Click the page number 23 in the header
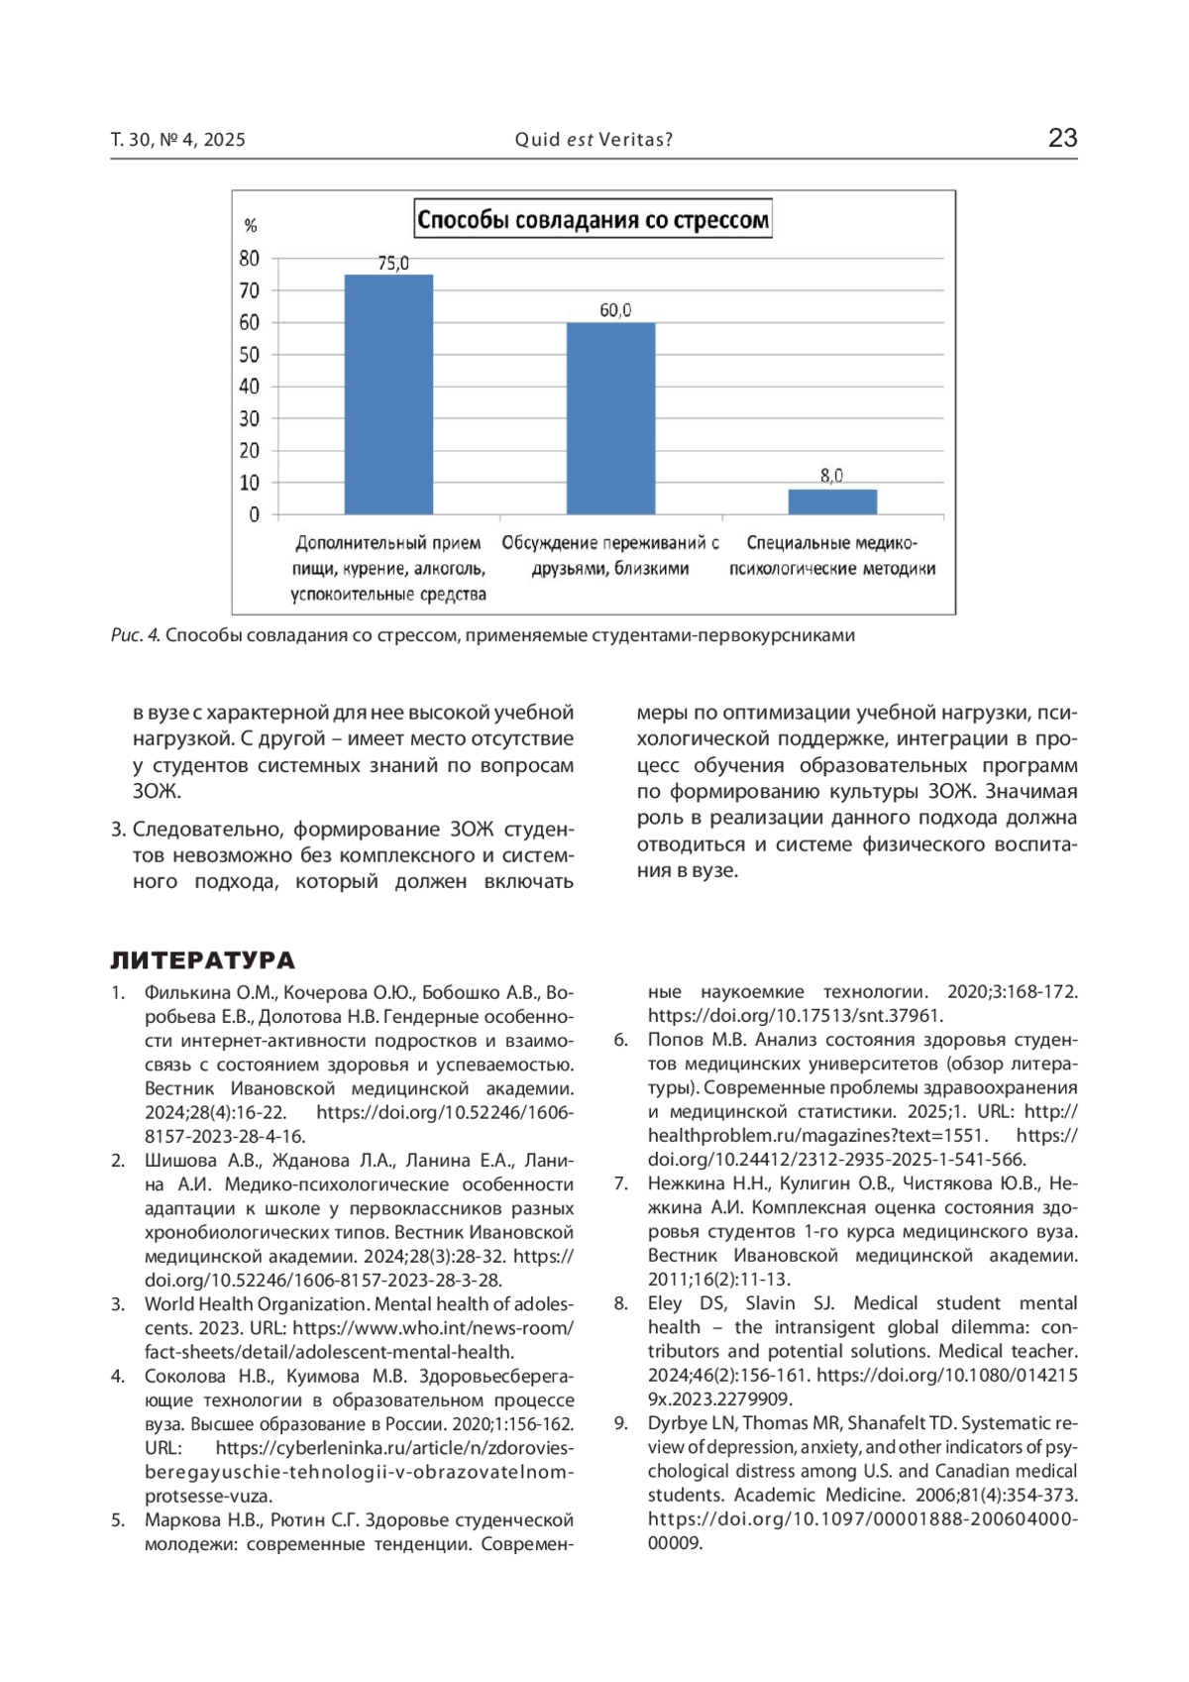(x=1062, y=138)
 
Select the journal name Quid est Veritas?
(x=594, y=140)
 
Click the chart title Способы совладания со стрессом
(x=593, y=219)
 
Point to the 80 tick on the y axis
(x=250, y=259)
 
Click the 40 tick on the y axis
(x=250, y=387)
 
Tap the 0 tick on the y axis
(x=255, y=514)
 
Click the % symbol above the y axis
(x=251, y=226)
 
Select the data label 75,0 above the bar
(x=393, y=264)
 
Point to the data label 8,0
(x=832, y=476)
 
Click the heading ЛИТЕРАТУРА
(x=202, y=959)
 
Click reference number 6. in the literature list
(x=621, y=1040)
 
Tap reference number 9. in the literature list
(x=621, y=1423)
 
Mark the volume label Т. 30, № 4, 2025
(x=178, y=140)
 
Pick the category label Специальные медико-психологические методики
(x=832, y=556)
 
